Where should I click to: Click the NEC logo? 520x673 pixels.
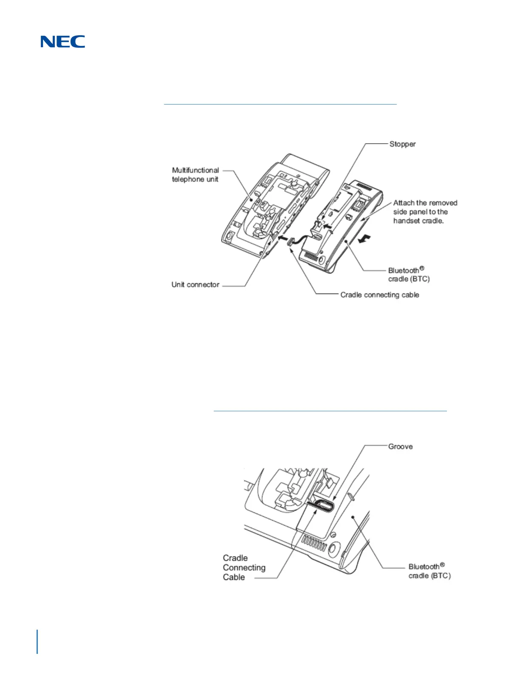[63, 42]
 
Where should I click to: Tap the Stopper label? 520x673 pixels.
[402, 144]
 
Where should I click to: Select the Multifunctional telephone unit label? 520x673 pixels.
[195, 175]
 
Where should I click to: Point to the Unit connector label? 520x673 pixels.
[195, 285]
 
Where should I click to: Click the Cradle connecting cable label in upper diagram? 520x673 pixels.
[379, 295]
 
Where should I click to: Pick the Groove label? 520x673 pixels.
[400, 447]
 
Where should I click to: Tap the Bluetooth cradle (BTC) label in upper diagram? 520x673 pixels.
[408, 274]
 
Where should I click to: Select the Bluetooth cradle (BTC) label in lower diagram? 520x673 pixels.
[429, 571]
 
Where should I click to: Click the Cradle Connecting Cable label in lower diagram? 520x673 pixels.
[244, 568]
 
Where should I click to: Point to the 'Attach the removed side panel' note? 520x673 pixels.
[425, 212]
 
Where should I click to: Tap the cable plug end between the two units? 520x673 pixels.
[290, 242]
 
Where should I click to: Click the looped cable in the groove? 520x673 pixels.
[321, 505]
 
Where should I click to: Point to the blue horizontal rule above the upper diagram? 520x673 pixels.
[280, 104]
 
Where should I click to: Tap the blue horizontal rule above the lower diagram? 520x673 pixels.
[330, 411]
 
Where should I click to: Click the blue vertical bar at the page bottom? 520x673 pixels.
[37, 642]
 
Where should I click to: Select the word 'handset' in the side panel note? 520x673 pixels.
[406, 221]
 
